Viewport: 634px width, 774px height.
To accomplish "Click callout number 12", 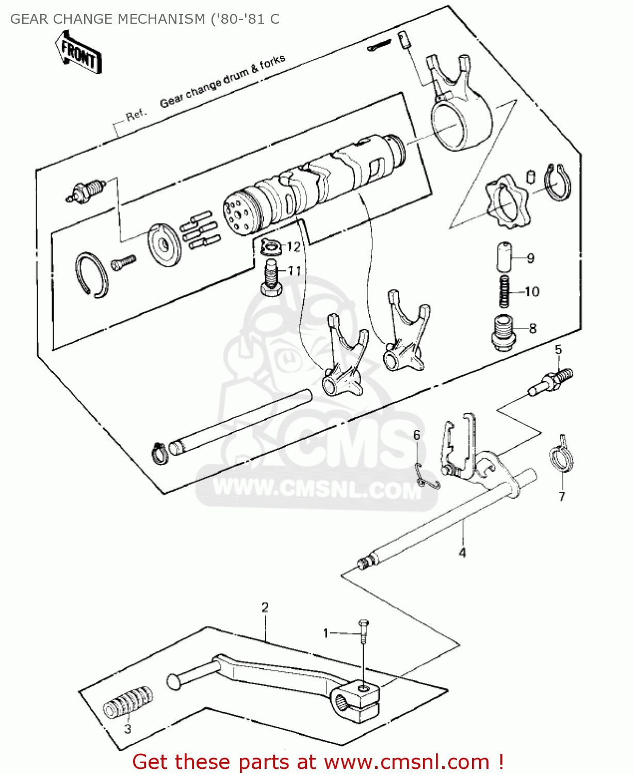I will pyautogui.click(x=293, y=247).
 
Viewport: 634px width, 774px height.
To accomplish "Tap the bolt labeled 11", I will pyautogui.click(x=270, y=279).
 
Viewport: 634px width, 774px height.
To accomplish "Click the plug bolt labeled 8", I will pyautogui.click(x=502, y=333).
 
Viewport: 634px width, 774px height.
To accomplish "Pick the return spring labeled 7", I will pyautogui.click(x=561, y=457).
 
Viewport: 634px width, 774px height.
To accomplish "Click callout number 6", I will pyautogui.click(x=416, y=435).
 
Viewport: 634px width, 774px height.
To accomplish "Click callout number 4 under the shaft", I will pyautogui.click(x=462, y=553).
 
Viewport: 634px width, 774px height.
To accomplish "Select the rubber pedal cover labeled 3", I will pyautogui.click(x=127, y=702).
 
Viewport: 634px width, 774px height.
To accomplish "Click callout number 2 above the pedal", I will pyautogui.click(x=265, y=607).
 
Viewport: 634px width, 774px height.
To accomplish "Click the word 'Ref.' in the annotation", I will pyautogui.click(x=137, y=115).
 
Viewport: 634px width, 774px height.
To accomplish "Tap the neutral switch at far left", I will pyautogui.click(x=85, y=191).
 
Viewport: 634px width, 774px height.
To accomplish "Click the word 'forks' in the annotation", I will pyautogui.click(x=272, y=63).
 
